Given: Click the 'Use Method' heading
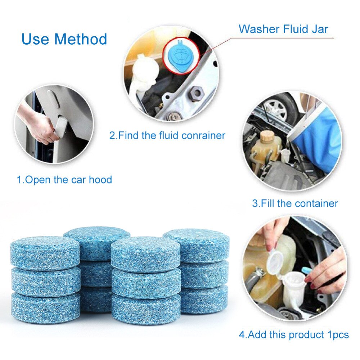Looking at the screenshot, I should [64, 39].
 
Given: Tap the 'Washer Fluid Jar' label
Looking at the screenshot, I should [283, 29].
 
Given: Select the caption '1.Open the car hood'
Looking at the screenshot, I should [64, 180].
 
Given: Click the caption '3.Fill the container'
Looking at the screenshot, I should [295, 203].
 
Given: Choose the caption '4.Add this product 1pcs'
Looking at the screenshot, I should [294, 335].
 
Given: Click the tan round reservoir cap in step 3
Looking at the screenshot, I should [267, 136].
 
